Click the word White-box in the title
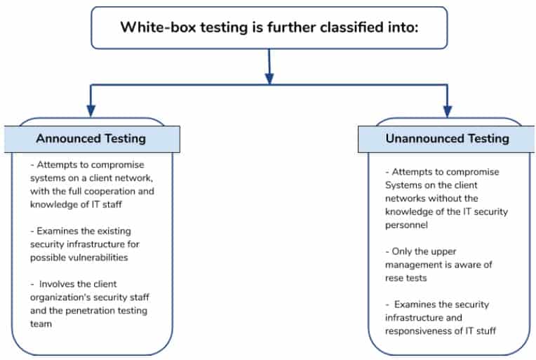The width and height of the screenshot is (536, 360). (x=158, y=27)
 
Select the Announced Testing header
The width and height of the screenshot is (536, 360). (x=91, y=138)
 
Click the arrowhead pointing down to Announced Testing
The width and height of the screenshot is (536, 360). (x=91, y=111)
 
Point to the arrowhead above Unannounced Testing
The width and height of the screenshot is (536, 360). (x=448, y=111)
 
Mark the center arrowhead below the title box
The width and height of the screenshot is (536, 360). (x=269, y=79)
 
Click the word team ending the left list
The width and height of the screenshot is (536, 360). (x=41, y=324)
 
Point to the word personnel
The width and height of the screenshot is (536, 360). (x=406, y=225)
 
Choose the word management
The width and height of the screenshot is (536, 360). (x=406, y=265)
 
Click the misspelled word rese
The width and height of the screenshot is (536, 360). (x=393, y=278)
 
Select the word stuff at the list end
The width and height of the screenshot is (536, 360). (x=486, y=331)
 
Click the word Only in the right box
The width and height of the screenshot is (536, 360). (x=401, y=251)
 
